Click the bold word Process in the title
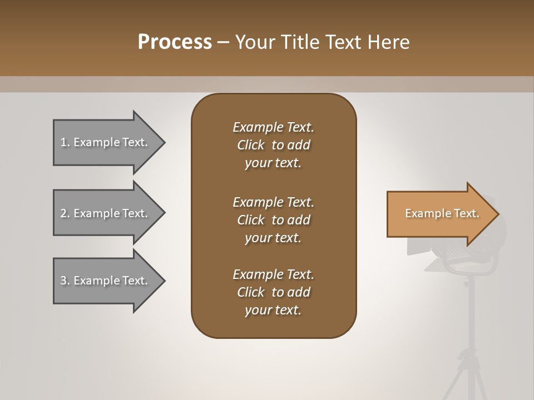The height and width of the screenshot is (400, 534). (x=175, y=42)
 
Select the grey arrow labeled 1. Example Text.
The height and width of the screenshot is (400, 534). (x=106, y=142)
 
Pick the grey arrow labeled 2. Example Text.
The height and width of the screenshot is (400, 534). (x=106, y=213)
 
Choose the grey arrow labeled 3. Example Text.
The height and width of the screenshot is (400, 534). (x=106, y=281)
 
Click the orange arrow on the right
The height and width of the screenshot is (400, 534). (x=439, y=214)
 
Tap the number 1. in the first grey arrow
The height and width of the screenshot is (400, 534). (x=65, y=142)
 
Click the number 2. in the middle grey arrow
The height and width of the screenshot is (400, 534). (x=65, y=213)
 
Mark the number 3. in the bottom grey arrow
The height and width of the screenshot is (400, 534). (x=65, y=281)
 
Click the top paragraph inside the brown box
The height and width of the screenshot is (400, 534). (x=273, y=145)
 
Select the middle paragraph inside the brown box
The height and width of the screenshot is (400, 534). (x=273, y=219)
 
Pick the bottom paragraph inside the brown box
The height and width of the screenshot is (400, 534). (x=273, y=292)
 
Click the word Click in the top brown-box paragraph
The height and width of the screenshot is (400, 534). (x=251, y=145)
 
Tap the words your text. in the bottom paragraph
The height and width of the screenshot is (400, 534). (x=273, y=311)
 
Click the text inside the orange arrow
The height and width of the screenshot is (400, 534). (x=442, y=213)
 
